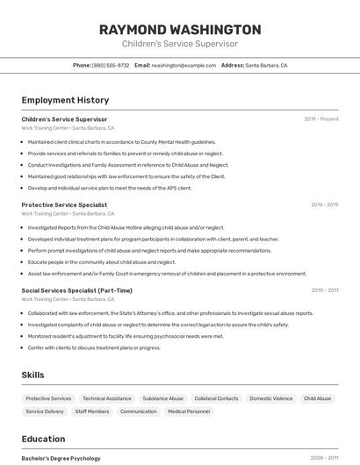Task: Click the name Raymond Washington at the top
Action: click(x=180, y=29)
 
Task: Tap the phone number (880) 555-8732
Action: click(x=111, y=65)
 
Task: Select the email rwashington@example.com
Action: click(x=184, y=65)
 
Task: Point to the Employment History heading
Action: click(x=65, y=100)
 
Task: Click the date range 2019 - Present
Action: click(x=321, y=119)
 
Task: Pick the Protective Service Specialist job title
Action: click(x=64, y=204)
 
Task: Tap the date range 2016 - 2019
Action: click(x=324, y=204)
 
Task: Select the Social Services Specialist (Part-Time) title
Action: click(x=76, y=290)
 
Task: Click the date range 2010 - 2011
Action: click(x=324, y=290)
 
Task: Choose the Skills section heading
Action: click(x=32, y=375)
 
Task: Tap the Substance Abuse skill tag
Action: click(x=162, y=398)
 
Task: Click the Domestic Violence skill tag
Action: click(x=270, y=398)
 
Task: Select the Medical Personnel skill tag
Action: click(x=189, y=411)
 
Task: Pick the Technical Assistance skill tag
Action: click(x=106, y=398)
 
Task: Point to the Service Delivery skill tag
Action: click(x=45, y=411)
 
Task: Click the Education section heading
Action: click(x=43, y=439)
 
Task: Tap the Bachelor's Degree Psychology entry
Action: click(x=61, y=458)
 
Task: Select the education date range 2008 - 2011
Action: click(x=324, y=458)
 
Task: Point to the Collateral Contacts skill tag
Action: click(x=216, y=398)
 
